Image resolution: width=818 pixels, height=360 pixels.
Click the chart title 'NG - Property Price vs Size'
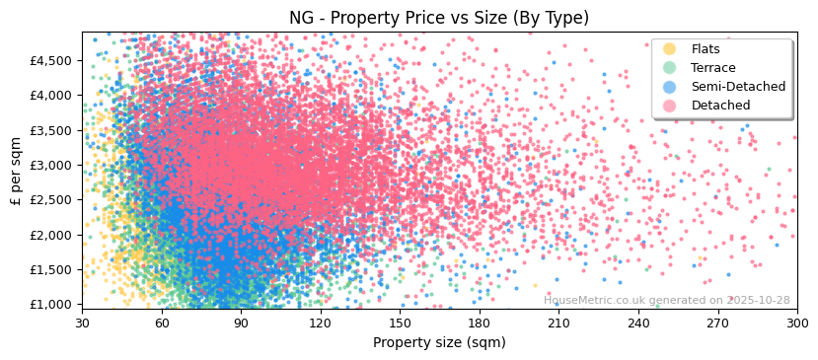click(x=439, y=18)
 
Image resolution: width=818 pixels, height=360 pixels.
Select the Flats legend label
click(x=706, y=49)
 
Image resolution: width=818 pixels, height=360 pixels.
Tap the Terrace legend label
click(x=713, y=68)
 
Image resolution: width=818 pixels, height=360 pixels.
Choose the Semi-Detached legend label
click(x=738, y=87)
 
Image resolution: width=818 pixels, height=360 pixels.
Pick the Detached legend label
click(x=720, y=106)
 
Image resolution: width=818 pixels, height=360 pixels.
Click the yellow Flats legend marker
click(x=670, y=49)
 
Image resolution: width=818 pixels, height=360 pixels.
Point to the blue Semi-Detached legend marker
click(x=670, y=87)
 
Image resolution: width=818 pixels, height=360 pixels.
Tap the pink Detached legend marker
click(x=670, y=106)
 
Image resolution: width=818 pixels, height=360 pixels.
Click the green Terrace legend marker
click(x=670, y=68)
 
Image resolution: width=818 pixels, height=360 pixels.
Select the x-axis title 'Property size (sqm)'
click(x=439, y=343)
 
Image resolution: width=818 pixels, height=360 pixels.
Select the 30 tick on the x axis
click(x=82, y=323)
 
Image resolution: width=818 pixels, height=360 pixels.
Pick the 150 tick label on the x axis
click(x=400, y=323)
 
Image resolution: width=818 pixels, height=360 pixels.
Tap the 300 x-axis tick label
click(x=796, y=323)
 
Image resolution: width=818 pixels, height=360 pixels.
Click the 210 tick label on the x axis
click(x=558, y=323)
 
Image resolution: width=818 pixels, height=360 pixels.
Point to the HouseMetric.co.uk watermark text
click(x=666, y=300)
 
